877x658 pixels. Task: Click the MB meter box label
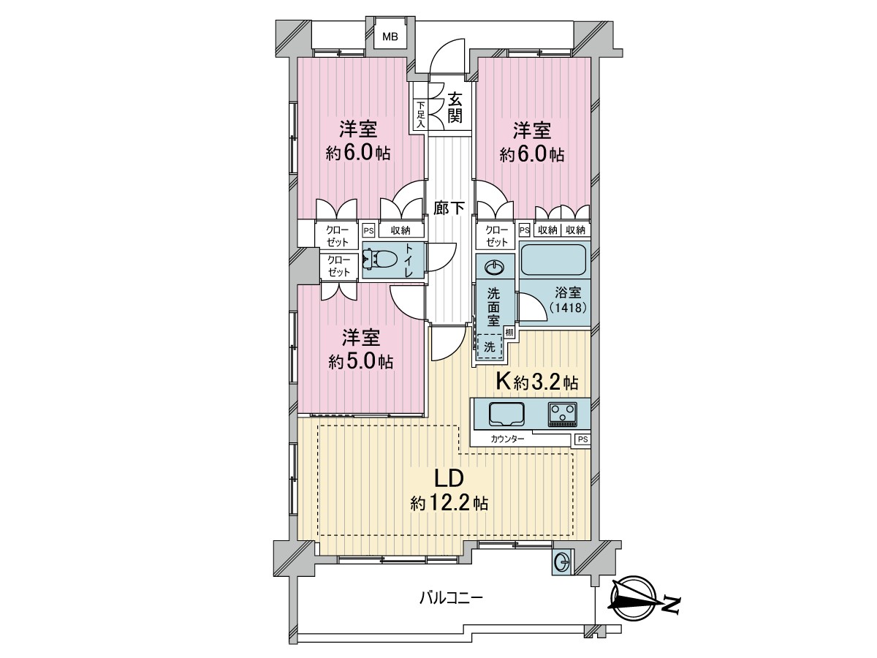pyautogui.click(x=390, y=37)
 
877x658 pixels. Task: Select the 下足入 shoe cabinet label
pyautogui.click(x=421, y=115)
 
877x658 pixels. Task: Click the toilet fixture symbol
pyautogui.click(x=380, y=260)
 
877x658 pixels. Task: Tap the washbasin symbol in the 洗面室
pyautogui.click(x=495, y=267)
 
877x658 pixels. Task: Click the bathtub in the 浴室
pyautogui.click(x=554, y=260)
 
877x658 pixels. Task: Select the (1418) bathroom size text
pyautogui.click(x=567, y=308)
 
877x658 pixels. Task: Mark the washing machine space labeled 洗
pyautogui.click(x=490, y=347)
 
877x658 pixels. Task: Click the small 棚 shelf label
pyautogui.click(x=509, y=332)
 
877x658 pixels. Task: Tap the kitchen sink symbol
pyautogui.click(x=506, y=414)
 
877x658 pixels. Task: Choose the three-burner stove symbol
pyautogui.click(x=563, y=414)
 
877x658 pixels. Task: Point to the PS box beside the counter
pyautogui.click(x=582, y=439)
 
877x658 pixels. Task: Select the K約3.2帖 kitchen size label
pyautogui.click(x=536, y=382)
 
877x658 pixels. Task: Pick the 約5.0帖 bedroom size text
pyautogui.click(x=360, y=362)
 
